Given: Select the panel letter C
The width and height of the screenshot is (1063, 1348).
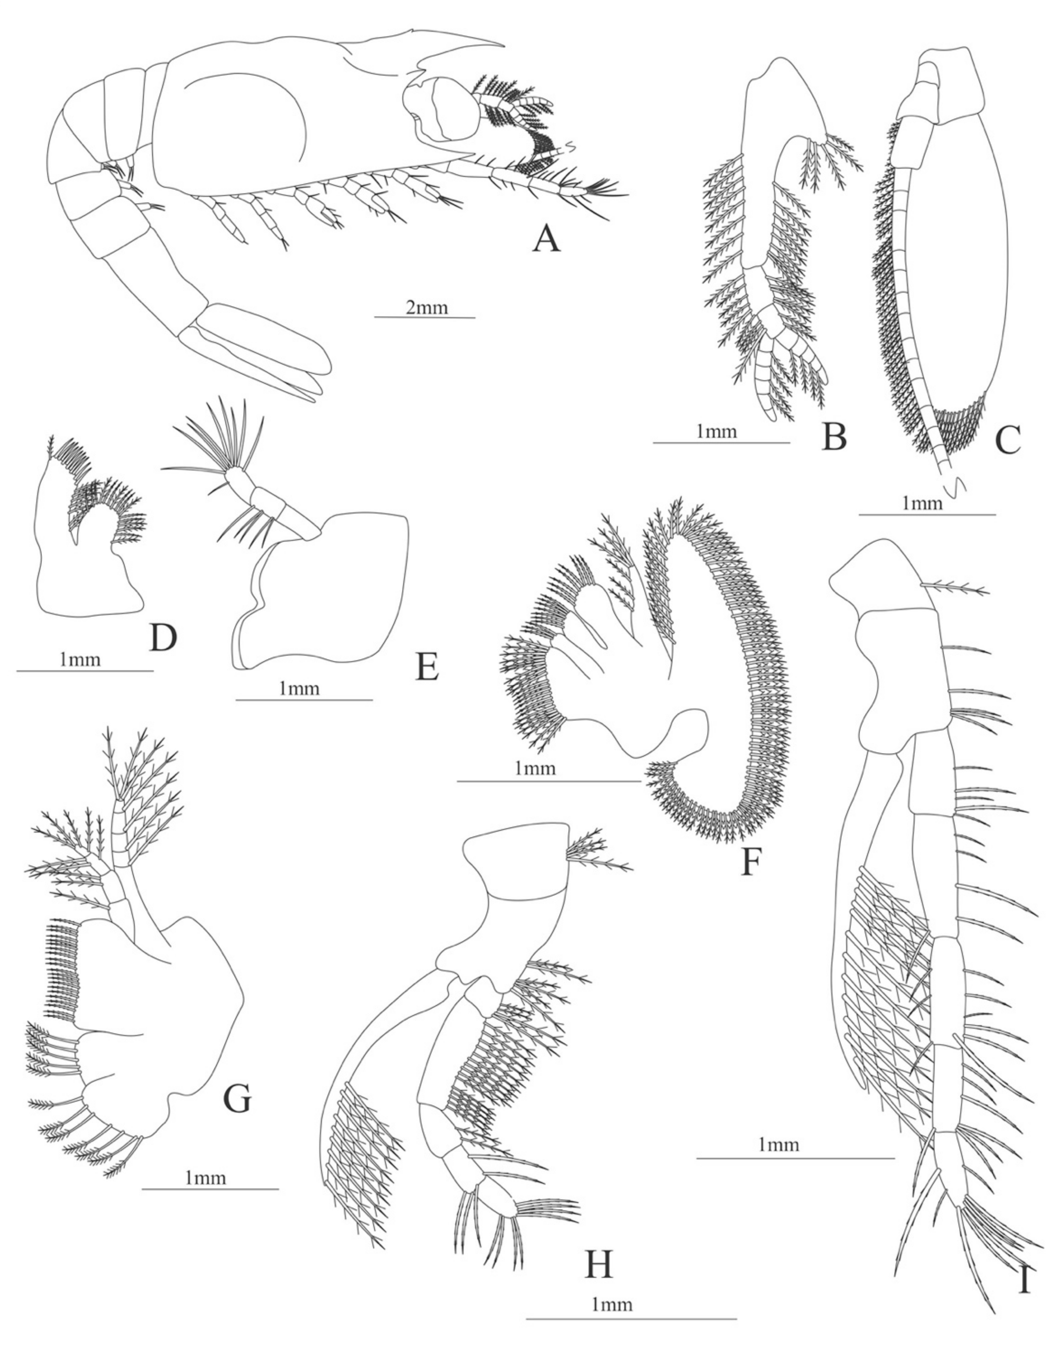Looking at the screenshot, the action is point(1008,440).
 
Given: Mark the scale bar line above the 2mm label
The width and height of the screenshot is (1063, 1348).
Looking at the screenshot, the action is point(425,317).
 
